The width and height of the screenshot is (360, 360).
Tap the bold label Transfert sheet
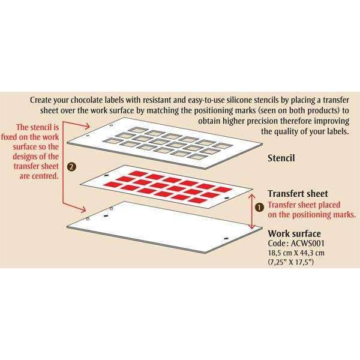[x=297, y=194]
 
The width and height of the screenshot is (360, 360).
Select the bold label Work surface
[x=295, y=233]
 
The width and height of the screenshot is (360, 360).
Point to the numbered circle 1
[x=259, y=206]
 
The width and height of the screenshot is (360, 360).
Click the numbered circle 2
[x=73, y=166]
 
